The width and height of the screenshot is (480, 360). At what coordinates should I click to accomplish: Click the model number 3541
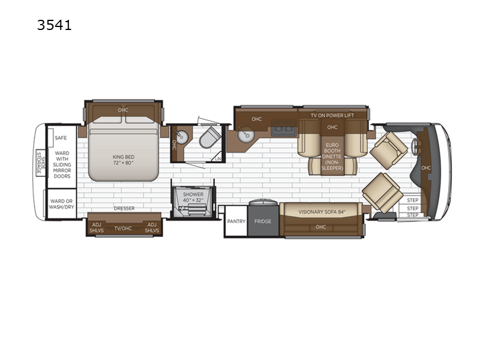(55, 25)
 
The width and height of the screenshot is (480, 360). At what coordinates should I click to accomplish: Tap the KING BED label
(124, 157)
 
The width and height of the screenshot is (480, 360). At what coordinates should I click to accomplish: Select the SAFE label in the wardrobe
(61, 138)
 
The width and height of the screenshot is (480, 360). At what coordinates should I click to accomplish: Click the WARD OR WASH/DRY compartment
(62, 204)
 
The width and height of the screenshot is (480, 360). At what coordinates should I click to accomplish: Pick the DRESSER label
(124, 208)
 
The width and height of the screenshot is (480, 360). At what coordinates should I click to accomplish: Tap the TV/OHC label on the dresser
(123, 229)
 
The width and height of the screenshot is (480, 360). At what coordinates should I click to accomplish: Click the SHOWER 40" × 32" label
(193, 197)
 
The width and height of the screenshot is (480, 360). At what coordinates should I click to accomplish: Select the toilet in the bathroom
(210, 137)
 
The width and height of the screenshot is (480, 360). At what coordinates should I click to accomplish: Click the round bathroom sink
(182, 137)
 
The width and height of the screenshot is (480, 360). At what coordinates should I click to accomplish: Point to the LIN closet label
(218, 158)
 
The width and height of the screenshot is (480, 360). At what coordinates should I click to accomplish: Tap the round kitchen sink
(246, 134)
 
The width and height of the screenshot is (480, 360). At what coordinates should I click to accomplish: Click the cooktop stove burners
(283, 128)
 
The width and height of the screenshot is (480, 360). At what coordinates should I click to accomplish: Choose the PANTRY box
(236, 221)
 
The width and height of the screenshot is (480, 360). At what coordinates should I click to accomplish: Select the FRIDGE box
(263, 221)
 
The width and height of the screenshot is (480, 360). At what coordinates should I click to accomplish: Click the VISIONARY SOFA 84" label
(320, 212)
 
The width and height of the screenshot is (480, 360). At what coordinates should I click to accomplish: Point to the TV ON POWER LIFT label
(332, 115)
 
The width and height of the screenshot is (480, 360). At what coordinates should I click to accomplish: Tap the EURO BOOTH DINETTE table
(332, 156)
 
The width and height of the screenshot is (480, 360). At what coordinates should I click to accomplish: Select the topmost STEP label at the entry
(413, 200)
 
